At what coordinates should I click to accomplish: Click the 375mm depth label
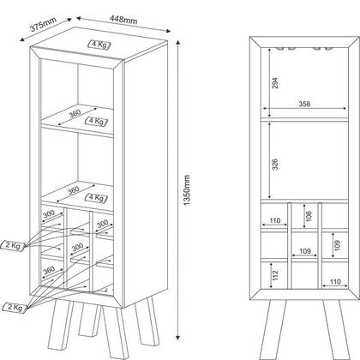click(x=44, y=24)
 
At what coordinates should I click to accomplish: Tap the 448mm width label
click(x=123, y=20)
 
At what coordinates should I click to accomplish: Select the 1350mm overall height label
click(x=187, y=190)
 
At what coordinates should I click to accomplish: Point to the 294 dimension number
click(x=274, y=83)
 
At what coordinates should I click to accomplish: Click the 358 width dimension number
click(x=304, y=104)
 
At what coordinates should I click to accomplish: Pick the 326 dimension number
click(x=274, y=165)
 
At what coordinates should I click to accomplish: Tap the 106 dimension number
click(x=309, y=216)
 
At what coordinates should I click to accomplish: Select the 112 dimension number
click(x=275, y=275)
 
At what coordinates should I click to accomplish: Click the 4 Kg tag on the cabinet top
click(x=99, y=45)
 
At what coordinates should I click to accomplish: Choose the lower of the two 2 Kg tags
click(x=15, y=308)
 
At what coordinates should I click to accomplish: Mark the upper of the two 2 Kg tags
click(x=13, y=245)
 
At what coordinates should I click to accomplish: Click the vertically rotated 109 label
click(x=338, y=245)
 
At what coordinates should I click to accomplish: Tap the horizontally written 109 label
click(x=305, y=251)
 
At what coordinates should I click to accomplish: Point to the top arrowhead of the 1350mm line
click(x=177, y=43)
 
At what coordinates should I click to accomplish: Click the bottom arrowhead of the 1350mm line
click(x=177, y=338)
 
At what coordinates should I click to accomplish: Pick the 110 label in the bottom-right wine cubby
click(x=335, y=282)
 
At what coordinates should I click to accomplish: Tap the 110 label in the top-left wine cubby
click(x=275, y=220)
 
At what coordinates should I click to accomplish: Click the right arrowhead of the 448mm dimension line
click(x=168, y=31)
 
